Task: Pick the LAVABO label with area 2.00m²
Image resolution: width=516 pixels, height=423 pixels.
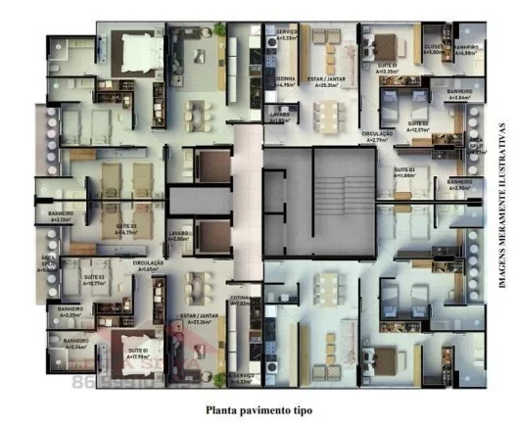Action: tap(178, 235)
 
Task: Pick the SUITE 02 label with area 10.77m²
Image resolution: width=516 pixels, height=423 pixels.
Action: tap(94, 280)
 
